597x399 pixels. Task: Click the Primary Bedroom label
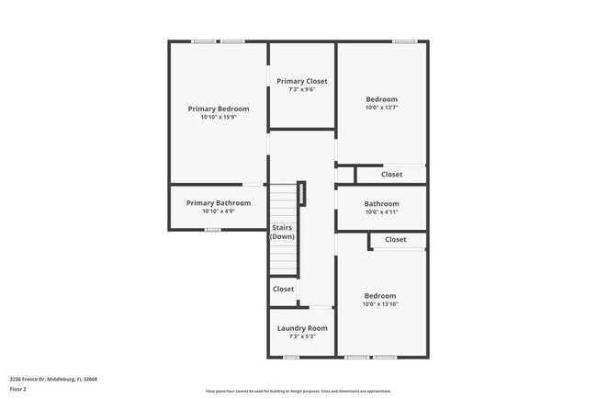pos(219,108)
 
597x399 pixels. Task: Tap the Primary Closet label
pos(302,81)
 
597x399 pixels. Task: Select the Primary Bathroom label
pos(219,203)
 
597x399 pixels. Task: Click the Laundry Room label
pos(302,328)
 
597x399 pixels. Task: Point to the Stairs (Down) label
pos(283,232)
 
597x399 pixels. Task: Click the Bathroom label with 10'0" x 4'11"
pos(381,204)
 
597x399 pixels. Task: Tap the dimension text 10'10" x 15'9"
pos(219,118)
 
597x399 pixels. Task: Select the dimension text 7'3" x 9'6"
pos(302,90)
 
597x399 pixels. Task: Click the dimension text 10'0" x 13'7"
pos(381,108)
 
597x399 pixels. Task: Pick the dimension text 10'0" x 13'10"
pos(380,304)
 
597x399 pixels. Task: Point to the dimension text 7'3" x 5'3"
pos(302,336)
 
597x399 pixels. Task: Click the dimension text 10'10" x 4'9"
pos(219,211)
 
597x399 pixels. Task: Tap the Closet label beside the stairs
pos(284,289)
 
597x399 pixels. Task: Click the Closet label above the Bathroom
pos(391,174)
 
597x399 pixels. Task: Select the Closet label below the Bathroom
pos(396,240)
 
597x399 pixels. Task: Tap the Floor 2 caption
pos(18,389)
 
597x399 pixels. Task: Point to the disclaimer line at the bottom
pos(298,391)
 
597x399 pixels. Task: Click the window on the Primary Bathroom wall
pos(212,230)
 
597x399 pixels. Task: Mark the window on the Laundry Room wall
pos(291,357)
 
